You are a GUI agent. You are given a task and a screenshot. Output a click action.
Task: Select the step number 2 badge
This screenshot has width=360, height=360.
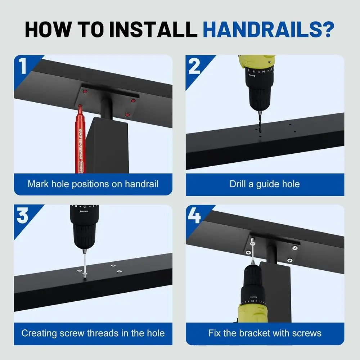(194, 67)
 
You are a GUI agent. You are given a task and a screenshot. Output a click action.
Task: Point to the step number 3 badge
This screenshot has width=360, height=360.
(23, 216)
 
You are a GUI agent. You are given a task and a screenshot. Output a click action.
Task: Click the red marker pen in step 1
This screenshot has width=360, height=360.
(79, 140)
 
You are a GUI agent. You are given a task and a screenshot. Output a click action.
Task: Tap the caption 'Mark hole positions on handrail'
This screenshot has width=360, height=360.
(93, 184)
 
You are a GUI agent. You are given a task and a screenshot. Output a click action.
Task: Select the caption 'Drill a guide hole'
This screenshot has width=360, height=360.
(265, 184)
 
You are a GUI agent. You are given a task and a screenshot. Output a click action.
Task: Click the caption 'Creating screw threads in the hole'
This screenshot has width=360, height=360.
(93, 333)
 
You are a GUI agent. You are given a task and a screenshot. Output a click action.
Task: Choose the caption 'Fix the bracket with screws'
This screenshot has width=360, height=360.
(265, 333)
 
